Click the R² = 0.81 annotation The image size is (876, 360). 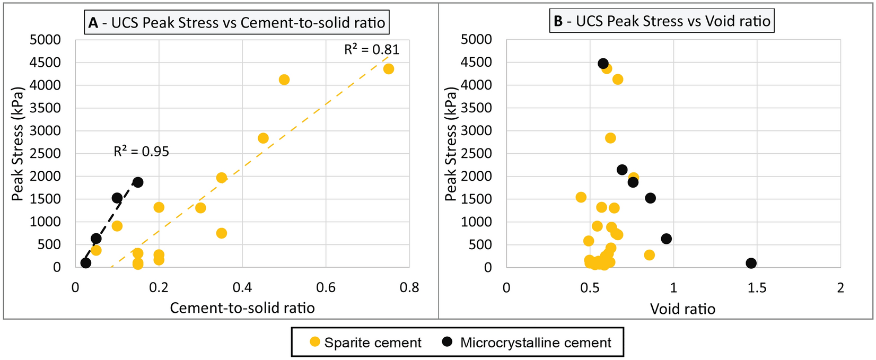[x=371, y=50]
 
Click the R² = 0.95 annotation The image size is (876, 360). [x=141, y=152]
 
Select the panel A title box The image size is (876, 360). [x=236, y=23]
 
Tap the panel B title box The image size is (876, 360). [x=661, y=21]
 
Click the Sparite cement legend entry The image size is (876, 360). [x=366, y=343]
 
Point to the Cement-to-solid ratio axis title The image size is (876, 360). [x=242, y=308]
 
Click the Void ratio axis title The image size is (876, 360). [x=682, y=309]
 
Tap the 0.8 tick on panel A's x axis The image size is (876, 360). [x=409, y=288]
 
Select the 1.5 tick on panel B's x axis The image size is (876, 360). [x=757, y=288]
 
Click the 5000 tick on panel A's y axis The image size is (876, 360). [x=46, y=40]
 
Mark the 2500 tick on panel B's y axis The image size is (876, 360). [x=477, y=154]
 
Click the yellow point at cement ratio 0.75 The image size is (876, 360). [x=388, y=69]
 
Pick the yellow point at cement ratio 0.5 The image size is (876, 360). [x=284, y=80]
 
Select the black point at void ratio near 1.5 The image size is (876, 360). [x=750, y=263]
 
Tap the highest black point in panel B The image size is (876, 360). [x=602, y=64]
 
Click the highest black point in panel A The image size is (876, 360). [x=138, y=182]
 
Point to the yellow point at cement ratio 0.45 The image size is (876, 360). [x=263, y=138]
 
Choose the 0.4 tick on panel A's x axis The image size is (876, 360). [x=242, y=288]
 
